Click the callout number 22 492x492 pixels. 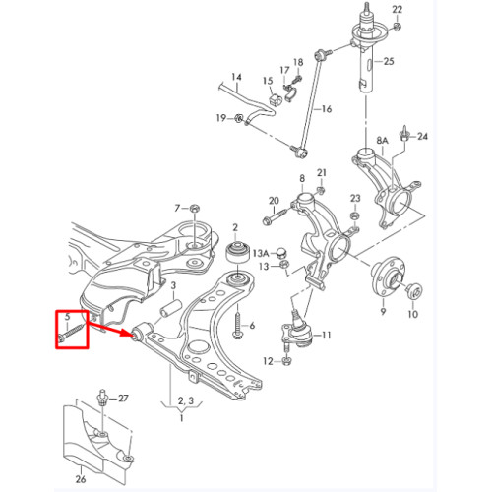click(397, 10)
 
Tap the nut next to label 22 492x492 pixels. click(397, 27)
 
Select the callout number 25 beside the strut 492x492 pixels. click(389, 61)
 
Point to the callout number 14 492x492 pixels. click(236, 77)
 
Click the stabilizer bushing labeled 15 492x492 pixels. click(275, 99)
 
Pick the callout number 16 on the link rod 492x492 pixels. click(327, 109)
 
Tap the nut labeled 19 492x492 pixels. click(240, 118)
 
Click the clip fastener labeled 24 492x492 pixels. click(404, 134)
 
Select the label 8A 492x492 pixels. click(382, 141)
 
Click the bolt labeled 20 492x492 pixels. click(274, 217)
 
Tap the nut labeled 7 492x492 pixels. click(195, 208)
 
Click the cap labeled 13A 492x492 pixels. click(281, 252)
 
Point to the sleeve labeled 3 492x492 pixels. click(170, 308)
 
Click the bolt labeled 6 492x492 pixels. click(237, 324)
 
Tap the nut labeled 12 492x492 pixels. click(286, 361)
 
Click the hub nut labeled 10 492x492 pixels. click(414, 291)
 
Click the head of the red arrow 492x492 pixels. click(130, 333)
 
